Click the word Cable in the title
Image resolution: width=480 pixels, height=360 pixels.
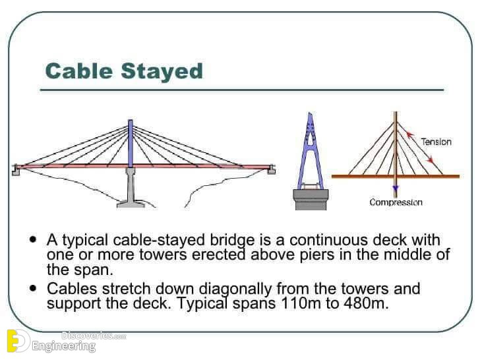tap(78, 71)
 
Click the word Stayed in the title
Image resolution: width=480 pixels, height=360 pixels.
tap(162, 72)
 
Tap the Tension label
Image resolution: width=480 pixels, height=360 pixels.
tap(436, 142)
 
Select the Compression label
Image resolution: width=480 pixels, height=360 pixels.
tap(396, 202)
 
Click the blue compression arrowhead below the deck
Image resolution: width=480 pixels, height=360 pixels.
tap(396, 188)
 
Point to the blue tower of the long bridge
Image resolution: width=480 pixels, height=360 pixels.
tap(131, 143)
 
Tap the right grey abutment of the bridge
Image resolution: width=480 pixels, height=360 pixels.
tap(271, 169)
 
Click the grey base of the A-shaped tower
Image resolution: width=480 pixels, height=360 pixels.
tap(311, 199)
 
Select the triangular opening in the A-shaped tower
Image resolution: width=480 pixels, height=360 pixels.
tap(310, 139)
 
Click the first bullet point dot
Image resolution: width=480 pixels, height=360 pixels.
tap(33, 239)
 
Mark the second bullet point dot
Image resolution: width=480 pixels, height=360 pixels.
tap(33, 288)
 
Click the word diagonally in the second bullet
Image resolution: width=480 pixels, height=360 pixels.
tap(235, 289)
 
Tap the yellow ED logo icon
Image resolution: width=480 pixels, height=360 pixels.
tap(18, 341)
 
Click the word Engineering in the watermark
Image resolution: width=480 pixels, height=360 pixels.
tap(64, 346)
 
